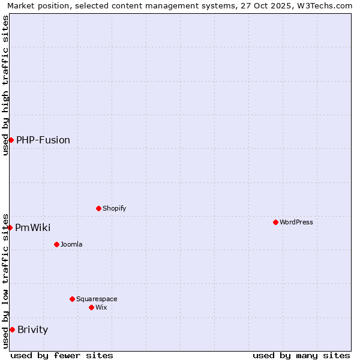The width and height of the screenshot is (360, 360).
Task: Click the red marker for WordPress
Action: pos(275,222)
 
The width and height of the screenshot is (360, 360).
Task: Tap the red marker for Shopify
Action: pos(98,208)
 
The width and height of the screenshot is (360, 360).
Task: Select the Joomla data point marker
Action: pos(56,244)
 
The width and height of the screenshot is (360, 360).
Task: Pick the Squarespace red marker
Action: pos(72,299)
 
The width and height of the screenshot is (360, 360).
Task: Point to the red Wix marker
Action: pos(91,307)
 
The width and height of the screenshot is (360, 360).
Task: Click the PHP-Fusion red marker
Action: pos(11,140)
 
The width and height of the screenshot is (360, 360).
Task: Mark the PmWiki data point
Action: pos(10,227)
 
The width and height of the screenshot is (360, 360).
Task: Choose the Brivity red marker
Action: pos(12,329)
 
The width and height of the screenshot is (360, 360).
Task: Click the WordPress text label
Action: pos(296,222)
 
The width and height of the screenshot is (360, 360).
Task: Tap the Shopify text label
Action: pos(115,208)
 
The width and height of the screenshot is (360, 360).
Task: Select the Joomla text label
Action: pos(71,244)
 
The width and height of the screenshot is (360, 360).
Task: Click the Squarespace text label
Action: pos(97,299)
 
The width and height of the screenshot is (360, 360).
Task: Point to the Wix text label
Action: pos(101,307)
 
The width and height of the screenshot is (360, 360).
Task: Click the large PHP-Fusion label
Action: pos(43,140)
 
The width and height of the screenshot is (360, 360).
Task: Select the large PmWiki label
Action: pos(33,227)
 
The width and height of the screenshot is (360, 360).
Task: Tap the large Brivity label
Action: pos(33,329)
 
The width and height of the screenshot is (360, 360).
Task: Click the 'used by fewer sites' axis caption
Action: pos(62,355)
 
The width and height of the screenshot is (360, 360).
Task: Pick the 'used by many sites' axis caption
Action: pos(301,355)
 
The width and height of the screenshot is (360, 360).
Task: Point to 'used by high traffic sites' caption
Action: pos(5,85)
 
